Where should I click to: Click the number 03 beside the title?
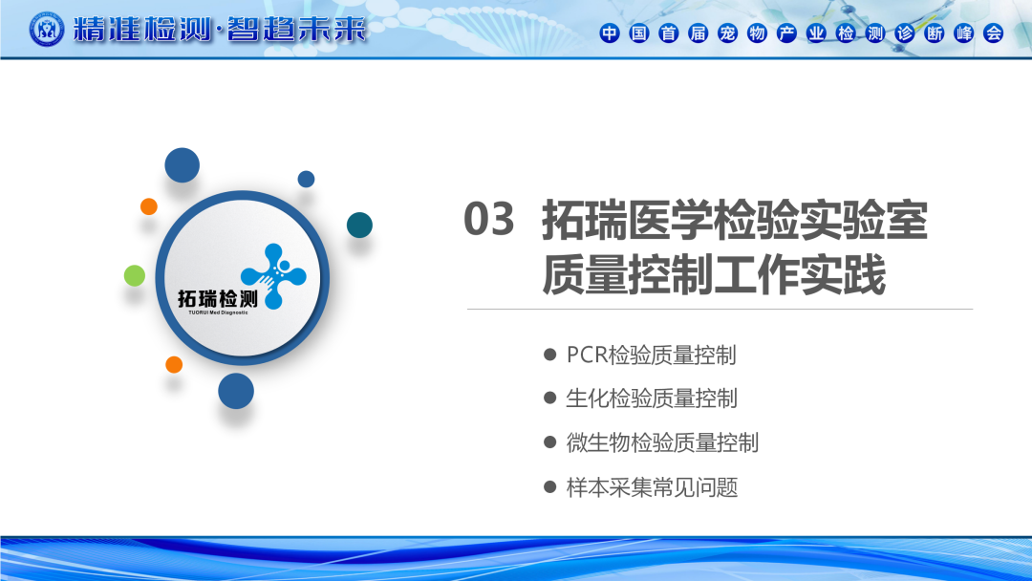(x=488, y=219)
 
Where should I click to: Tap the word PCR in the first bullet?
(x=587, y=355)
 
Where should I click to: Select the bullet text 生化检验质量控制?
(x=651, y=398)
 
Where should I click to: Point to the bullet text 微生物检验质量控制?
(x=662, y=442)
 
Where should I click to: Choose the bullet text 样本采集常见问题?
(x=652, y=487)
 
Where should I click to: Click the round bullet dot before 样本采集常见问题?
(x=550, y=487)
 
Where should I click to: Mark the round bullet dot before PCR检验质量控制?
(x=550, y=355)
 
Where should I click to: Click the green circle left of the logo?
(x=135, y=276)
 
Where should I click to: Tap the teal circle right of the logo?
(x=359, y=225)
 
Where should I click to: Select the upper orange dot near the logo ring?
(x=149, y=206)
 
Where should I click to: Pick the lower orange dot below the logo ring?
(x=174, y=364)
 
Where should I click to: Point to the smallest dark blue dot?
(x=306, y=179)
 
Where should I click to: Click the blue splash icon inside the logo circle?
(x=274, y=276)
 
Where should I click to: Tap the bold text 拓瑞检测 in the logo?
(x=217, y=299)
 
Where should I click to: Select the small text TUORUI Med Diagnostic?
(x=218, y=312)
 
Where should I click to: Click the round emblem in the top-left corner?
(x=47, y=30)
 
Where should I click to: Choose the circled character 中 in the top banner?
(x=610, y=32)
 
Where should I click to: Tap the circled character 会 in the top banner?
(x=993, y=32)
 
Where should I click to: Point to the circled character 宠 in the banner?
(x=727, y=32)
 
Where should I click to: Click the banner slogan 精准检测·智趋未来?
(x=219, y=30)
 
